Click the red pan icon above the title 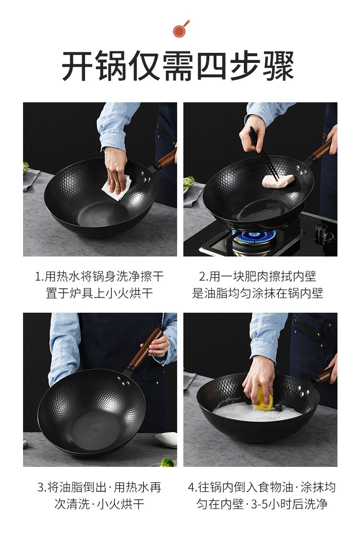coord(180,29)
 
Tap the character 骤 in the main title coord(278,66)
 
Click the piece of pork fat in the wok coord(278,180)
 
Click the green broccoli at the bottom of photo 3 coord(168,463)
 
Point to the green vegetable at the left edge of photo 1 coord(25,167)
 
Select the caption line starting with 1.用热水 coord(99,276)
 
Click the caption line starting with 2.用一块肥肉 coord(258,276)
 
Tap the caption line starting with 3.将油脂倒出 coord(99,487)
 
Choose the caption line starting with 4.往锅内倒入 coord(262,487)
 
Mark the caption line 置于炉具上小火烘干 coord(99,293)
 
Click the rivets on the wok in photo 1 coord(146,176)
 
